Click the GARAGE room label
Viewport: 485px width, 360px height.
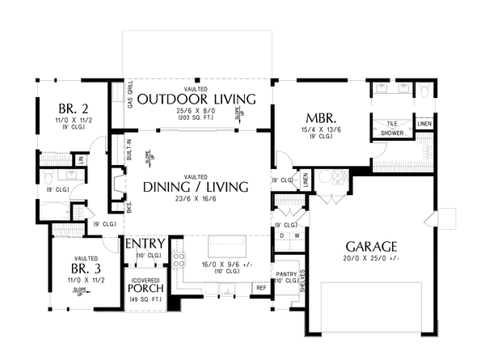click(x=372, y=246)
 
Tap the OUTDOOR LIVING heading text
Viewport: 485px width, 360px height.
click(x=196, y=100)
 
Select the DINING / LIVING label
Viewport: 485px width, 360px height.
click(x=196, y=187)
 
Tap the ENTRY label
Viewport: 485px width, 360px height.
click(x=145, y=244)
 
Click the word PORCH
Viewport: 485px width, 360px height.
click(x=145, y=288)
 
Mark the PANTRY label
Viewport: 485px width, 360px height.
click(x=285, y=275)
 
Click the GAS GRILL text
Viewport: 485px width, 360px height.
click(x=131, y=100)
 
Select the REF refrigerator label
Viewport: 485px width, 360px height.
click(x=261, y=287)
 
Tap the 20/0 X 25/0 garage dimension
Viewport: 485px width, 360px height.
click(x=372, y=259)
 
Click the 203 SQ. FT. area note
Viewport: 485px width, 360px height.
click(x=196, y=118)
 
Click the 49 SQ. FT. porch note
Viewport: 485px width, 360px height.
click(x=145, y=300)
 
